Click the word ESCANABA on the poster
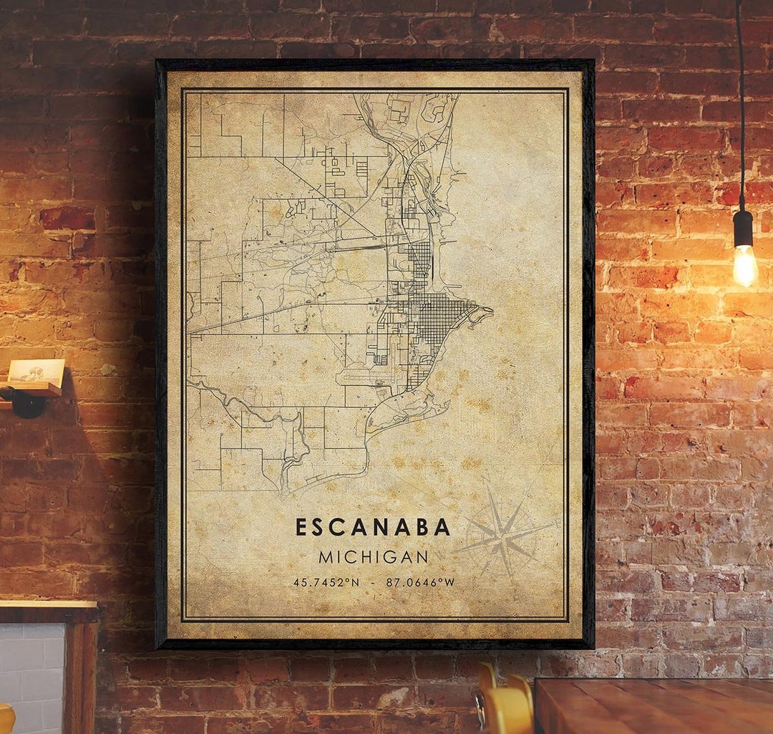(373, 527)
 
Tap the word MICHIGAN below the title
(374, 556)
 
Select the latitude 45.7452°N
(326, 582)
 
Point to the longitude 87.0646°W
(420, 582)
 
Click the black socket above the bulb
(743, 228)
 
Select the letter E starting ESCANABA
(302, 527)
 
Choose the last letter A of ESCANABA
(444, 527)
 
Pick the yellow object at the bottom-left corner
(6, 719)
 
